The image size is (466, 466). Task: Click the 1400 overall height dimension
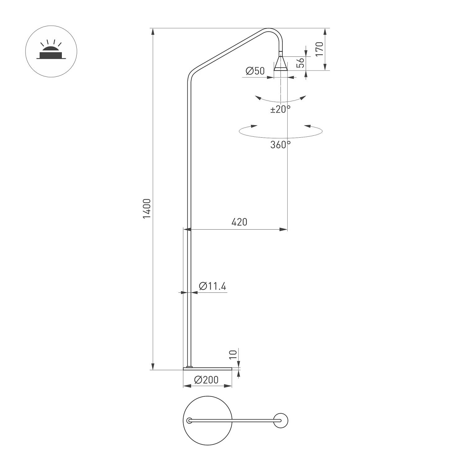[147, 208]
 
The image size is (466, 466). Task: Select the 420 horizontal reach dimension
[239, 222]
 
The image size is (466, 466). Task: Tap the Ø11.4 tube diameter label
[212, 286]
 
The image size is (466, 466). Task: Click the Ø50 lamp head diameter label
[255, 71]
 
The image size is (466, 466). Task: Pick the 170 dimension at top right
[319, 49]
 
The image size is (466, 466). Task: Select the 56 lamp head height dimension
[300, 63]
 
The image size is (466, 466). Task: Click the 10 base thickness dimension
[233, 355]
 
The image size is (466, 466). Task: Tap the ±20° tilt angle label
[280, 109]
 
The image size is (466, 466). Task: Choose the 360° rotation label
[280, 145]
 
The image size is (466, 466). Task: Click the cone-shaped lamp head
[281, 64]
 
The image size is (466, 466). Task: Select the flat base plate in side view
[208, 369]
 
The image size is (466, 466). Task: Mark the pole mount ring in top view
[189, 421]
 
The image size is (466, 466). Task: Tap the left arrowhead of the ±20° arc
[258, 98]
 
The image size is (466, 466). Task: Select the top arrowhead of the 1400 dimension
[152, 31]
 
